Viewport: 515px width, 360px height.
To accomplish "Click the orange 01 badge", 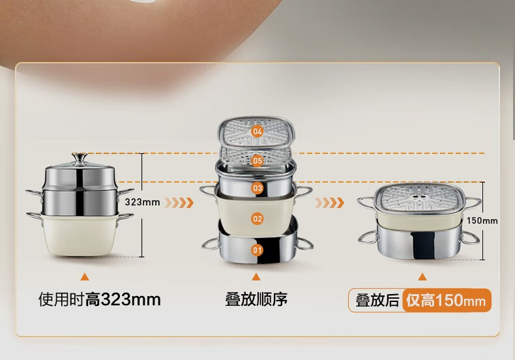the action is point(257,250).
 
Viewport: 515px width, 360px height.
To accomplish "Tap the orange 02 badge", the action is point(257,218).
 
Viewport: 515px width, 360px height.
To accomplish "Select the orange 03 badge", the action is point(257,188).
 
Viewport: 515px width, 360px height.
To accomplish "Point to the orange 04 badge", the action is point(257,132).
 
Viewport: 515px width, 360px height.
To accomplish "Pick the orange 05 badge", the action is point(257,160).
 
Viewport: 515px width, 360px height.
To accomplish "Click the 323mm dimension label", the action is point(143,202).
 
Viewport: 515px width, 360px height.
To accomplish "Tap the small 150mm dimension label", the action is point(482,220).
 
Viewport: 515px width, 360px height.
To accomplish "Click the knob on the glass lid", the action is point(80,158).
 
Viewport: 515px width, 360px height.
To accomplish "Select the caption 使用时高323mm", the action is point(100,299).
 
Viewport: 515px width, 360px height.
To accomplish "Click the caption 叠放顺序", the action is point(256,299).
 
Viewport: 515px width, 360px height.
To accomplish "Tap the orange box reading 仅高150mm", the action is point(447,300).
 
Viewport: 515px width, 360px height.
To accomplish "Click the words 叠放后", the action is point(377,301).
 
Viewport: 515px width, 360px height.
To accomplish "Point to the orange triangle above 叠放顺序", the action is point(256,277).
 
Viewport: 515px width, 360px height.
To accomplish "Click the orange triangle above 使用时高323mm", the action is point(85,277).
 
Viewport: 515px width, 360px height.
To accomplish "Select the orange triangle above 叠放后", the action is point(422,277).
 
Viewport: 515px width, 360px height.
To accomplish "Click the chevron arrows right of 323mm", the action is point(179,203).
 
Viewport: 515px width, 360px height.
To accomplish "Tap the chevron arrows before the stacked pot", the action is point(329,203).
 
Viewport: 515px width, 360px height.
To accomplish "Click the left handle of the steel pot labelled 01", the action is point(211,244).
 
